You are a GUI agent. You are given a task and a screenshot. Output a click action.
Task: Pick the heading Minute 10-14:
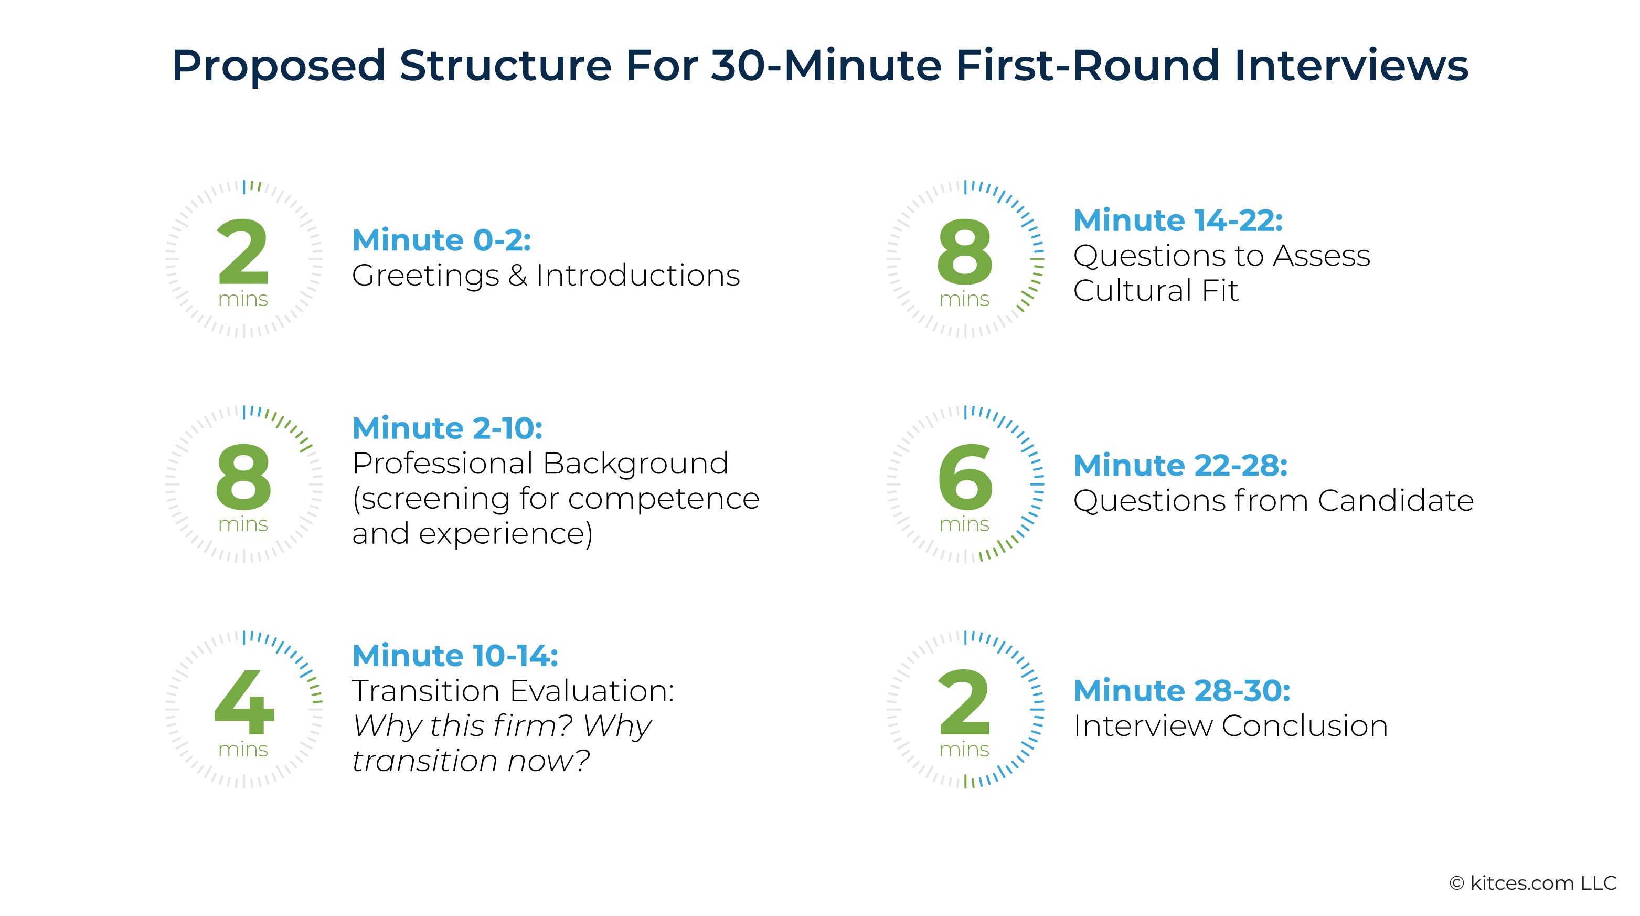coord(454,656)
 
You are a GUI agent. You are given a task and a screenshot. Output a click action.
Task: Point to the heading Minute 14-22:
coord(1178,220)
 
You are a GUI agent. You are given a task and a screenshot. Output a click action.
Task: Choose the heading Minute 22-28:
coord(1180,466)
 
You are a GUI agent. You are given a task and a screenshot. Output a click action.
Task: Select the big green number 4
coord(244,703)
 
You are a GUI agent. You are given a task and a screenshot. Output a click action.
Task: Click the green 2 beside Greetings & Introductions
coord(243,252)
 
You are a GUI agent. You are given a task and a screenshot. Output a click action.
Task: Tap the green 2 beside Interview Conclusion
coord(964,703)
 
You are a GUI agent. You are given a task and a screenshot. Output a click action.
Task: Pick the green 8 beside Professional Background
coord(243,478)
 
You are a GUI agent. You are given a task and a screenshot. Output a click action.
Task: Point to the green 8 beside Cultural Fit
coord(964,252)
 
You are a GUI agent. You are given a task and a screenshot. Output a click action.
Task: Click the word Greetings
coord(424,276)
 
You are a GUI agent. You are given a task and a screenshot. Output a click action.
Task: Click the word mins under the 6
coord(964,524)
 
